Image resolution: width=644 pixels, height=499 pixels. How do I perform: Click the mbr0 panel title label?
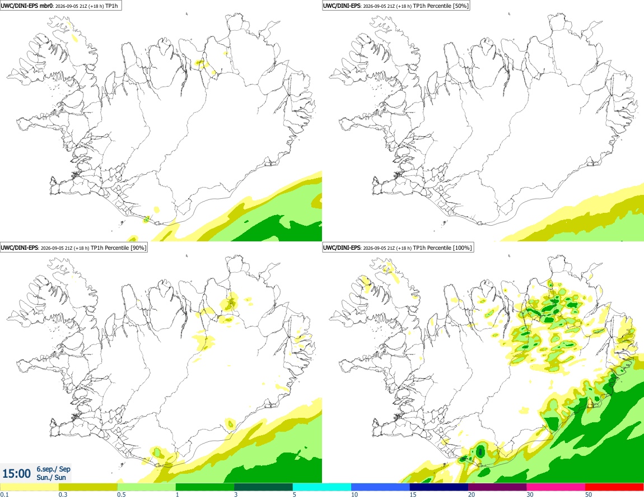pyautogui.click(x=61, y=6)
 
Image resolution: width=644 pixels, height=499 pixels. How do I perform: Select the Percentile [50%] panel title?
pyautogui.click(x=396, y=6)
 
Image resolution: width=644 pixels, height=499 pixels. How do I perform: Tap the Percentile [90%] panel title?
pyautogui.click(x=73, y=248)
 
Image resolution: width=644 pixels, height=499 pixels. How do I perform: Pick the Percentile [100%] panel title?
pyautogui.click(x=398, y=248)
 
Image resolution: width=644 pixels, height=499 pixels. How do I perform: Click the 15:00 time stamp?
pyautogui.click(x=16, y=474)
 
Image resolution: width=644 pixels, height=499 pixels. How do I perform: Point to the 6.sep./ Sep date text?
pyautogui.click(x=53, y=469)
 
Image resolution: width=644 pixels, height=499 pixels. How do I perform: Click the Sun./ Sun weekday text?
pyautogui.click(x=51, y=477)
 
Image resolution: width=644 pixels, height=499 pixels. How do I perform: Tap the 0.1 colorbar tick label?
pyautogui.click(x=4, y=495)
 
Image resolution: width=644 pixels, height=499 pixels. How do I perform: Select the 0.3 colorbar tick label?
pyautogui.click(x=63, y=495)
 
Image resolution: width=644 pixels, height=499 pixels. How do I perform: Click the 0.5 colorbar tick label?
pyautogui.click(x=122, y=495)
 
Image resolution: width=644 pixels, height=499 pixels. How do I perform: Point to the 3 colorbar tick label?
pyautogui.click(x=236, y=495)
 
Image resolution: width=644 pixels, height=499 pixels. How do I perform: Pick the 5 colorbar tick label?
pyautogui.click(x=295, y=495)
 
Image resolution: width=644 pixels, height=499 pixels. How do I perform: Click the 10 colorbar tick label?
pyautogui.click(x=354, y=495)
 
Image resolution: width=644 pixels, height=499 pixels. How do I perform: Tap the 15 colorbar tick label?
pyautogui.click(x=413, y=495)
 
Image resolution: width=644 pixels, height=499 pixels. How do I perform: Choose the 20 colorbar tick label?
pyautogui.click(x=472, y=495)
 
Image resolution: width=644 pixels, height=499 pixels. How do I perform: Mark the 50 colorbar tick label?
pyautogui.click(x=589, y=495)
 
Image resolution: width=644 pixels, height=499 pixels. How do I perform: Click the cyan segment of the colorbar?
pyautogui.click(x=321, y=487)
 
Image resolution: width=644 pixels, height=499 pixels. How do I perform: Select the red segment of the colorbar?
pyautogui.click(x=614, y=487)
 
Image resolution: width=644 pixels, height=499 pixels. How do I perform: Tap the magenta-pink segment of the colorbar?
pyautogui.click(x=556, y=487)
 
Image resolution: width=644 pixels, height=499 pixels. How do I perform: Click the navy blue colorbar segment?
pyautogui.click(x=438, y=487)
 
